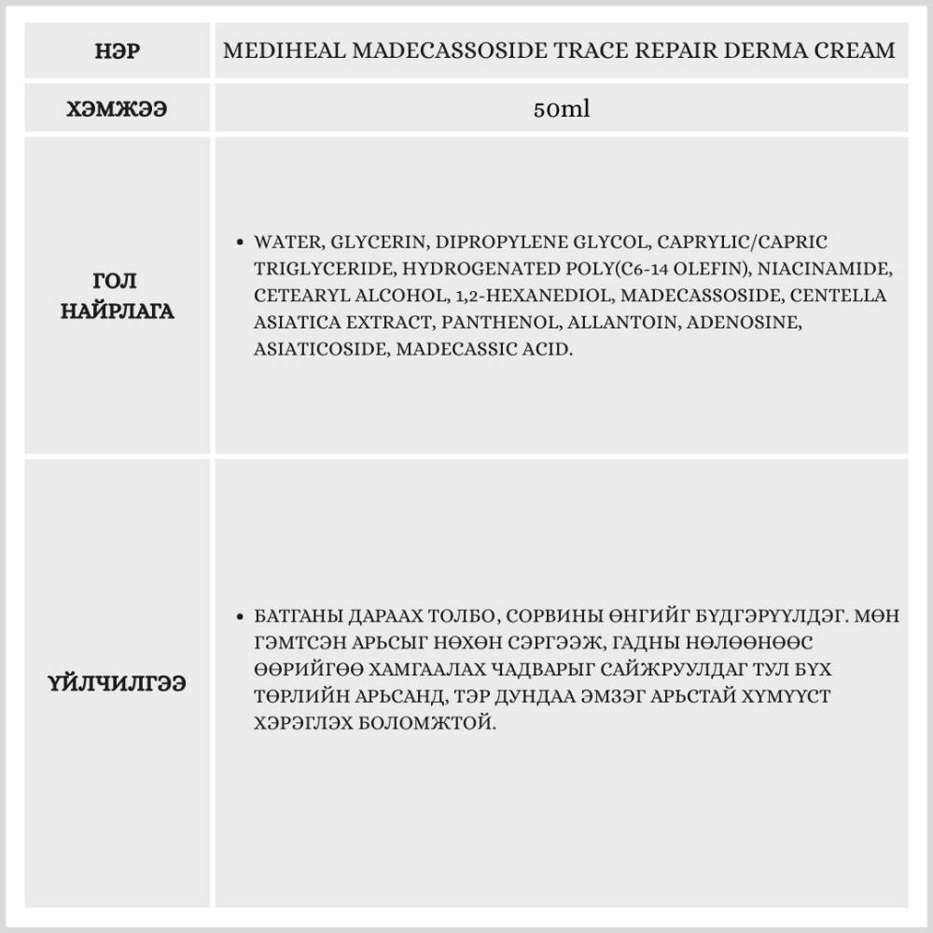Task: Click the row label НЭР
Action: pos(118,50)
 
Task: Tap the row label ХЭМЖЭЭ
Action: pos(118,109)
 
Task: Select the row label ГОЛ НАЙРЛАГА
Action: pos(118,296)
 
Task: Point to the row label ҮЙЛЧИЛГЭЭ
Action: pos(118,684)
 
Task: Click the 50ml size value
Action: pos(561,109)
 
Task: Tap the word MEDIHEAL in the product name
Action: pos(271,50)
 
